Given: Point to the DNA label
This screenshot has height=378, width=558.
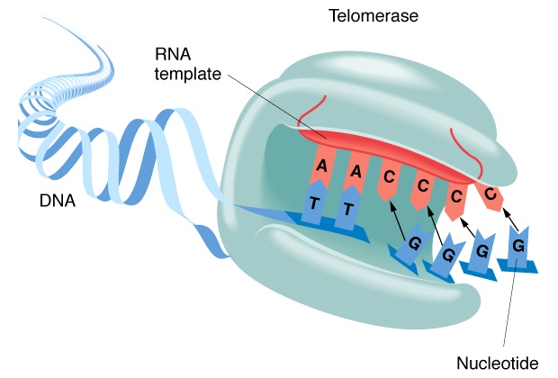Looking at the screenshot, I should tap(55, 202).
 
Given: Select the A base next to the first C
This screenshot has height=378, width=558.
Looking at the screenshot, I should tap(355, 170).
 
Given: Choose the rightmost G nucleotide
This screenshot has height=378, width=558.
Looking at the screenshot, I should tap(517, 246).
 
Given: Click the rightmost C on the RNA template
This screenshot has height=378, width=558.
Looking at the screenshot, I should tap(490, 193).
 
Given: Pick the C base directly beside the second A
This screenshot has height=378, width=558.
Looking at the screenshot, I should tap(387, 176).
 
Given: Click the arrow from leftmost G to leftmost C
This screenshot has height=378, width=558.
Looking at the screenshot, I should tap(400, 216).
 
